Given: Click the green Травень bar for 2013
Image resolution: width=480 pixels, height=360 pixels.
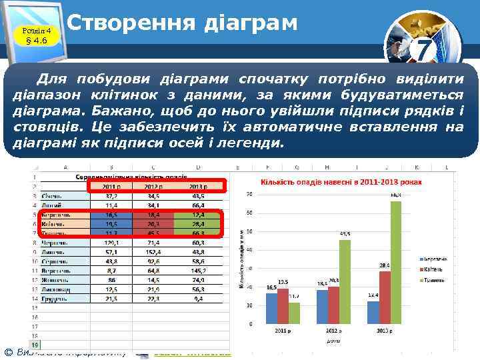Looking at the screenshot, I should [396, 263].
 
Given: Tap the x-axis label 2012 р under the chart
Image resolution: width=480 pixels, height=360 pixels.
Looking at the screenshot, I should [333, 331].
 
